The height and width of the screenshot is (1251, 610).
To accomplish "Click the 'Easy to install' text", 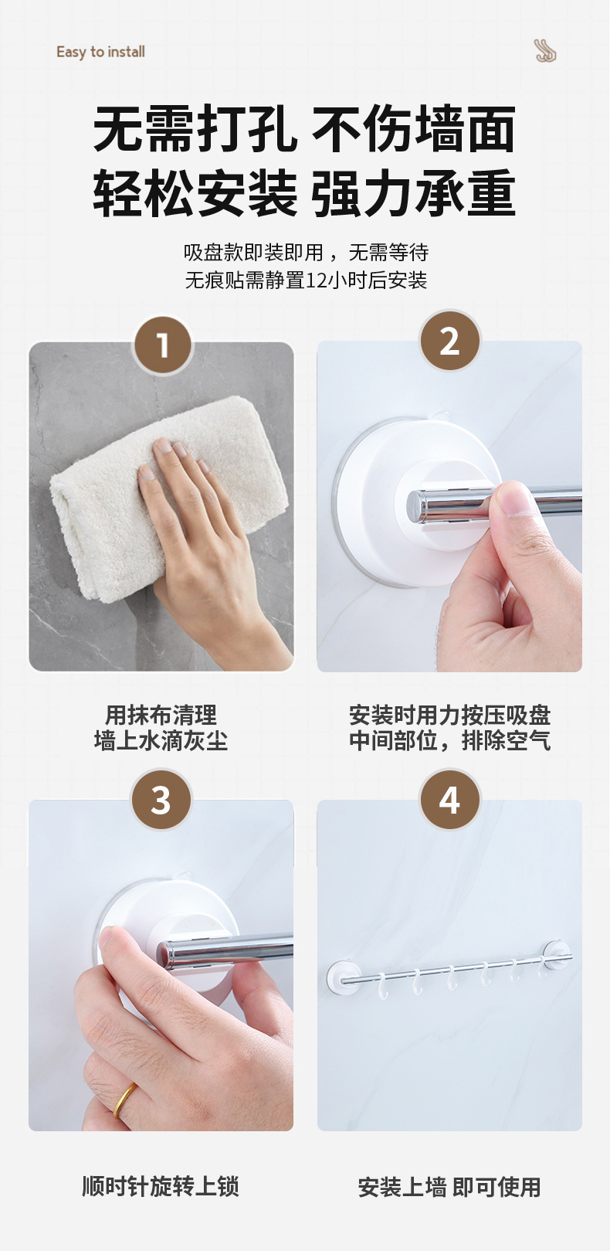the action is pos(100,52).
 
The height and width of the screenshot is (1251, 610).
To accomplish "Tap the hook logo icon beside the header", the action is pos(544,51).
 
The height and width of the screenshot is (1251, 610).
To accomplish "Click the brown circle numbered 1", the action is pos(162,345).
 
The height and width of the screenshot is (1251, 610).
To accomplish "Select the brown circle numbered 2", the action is pos(450,341).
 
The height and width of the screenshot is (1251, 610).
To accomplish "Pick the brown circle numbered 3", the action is pos(161,800).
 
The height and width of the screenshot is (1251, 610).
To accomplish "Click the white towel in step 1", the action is pos(168,497).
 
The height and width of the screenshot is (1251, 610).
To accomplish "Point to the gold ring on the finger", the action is pos(124,1100).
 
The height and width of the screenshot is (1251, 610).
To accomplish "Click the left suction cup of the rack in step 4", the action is pos(341,977).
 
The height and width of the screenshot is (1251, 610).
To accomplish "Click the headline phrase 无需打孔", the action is pos(195,129).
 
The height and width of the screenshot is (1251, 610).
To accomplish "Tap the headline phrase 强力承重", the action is pos(413,194).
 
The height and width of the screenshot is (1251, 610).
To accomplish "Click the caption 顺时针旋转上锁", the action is pos(161,1186).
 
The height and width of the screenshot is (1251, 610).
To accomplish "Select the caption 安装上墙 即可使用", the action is pos(449,1187).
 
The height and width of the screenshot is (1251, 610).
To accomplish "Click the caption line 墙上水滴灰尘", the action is pos(161,740).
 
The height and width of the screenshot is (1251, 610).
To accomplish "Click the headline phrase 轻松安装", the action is pos(195,194).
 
